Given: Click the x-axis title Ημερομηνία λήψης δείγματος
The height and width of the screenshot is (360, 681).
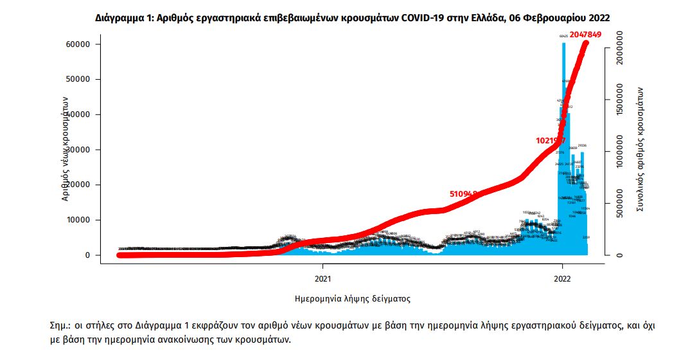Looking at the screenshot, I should coord(352,299).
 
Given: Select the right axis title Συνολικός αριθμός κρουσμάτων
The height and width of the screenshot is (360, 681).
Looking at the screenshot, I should coord(640,149).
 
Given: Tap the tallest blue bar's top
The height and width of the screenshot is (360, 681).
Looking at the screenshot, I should coord(563,44).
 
